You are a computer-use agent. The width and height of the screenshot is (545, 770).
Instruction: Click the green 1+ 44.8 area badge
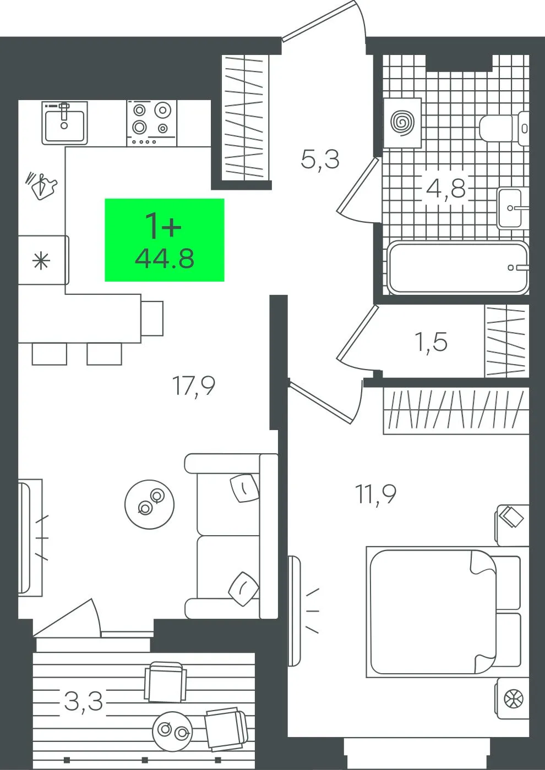click(165, 240)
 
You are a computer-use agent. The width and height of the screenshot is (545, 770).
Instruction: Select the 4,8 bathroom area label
click(445, 188)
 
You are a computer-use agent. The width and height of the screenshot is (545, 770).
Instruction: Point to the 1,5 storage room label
click(432, 342)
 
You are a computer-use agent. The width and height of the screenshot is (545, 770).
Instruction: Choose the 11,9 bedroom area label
click(375, 494)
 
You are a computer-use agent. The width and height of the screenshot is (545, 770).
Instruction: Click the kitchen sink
click(65, 123)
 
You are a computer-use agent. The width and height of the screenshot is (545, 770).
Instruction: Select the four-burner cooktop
click(151, 123)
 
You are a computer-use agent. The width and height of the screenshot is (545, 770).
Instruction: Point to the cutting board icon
click(42, 186)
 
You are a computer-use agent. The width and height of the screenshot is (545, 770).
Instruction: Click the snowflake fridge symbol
click(41, 261)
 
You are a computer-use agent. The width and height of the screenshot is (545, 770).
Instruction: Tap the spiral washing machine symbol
click(402, 123)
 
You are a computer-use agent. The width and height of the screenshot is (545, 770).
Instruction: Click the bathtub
click(458, 268)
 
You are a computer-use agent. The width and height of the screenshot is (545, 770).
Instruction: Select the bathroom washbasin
click(513, 208)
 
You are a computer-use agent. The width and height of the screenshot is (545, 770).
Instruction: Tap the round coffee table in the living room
click(149, 504)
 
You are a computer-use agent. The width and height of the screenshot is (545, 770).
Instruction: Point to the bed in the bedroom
click(444, 612)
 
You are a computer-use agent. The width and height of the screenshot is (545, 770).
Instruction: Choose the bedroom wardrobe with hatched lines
click(456, 411)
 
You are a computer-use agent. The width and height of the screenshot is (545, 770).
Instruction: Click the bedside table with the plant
click(513, 698)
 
